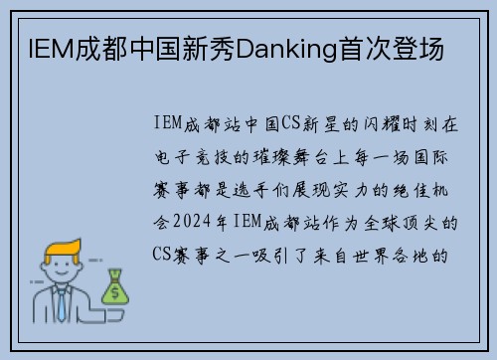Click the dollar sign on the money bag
pyautogui.click(x=115, y=290)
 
